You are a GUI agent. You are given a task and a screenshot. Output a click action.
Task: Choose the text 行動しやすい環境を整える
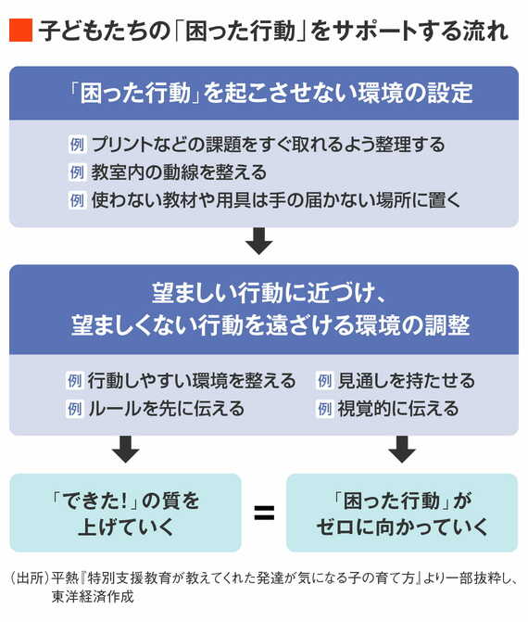[192, 381]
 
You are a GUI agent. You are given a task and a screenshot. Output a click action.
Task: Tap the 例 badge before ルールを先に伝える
[76, 408]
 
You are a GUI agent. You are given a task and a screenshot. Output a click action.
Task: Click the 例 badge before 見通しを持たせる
[324, 381]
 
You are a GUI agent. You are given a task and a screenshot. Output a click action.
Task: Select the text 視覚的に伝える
[398, 408]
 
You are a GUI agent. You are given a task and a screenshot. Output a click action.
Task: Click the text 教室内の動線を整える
[179, 172]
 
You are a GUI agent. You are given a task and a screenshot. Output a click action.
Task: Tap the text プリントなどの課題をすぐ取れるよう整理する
[268, 145]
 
